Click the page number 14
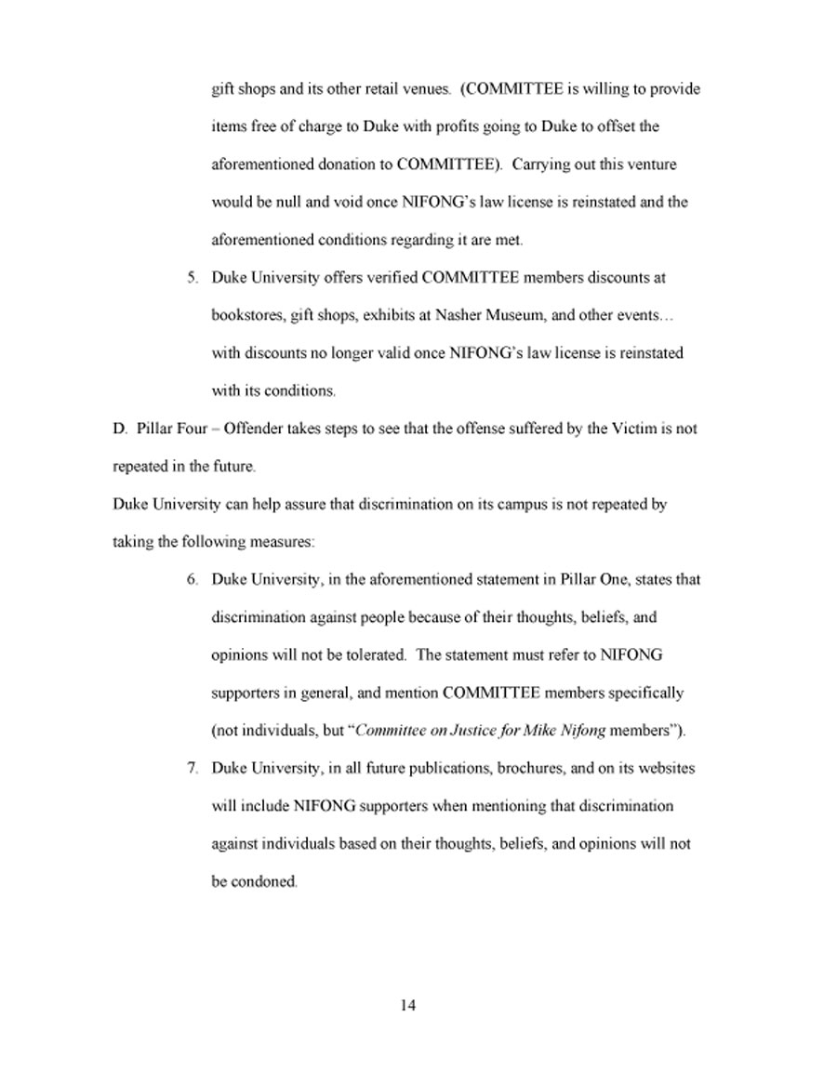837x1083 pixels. (x=407, y=1005)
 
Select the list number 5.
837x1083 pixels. (x=193, y=278)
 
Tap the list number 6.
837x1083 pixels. (x=193, y=580)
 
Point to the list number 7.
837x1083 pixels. (x=193, y=769)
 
